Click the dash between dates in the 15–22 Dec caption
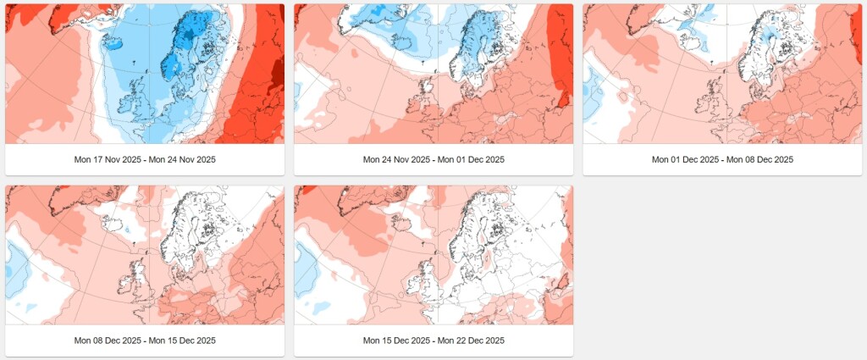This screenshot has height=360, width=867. point(433,341)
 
